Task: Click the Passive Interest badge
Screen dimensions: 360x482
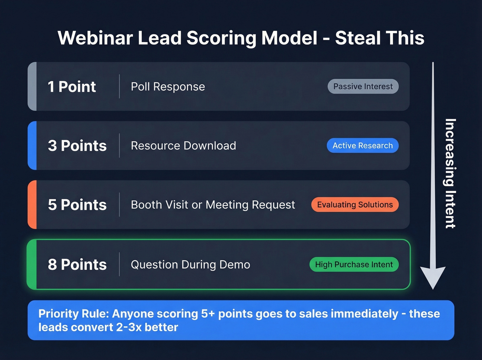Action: pyautogui.click(x=363, y=86)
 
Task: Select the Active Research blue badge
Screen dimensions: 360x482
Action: pyautogui.click(x=363, y=146)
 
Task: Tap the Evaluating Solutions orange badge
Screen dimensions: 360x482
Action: pyautogui.click(x=355, y=205)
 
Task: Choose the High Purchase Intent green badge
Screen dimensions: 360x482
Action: pyautogui.click(x=354, y=265)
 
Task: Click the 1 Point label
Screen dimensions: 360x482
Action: pyautogui.click(x=72, y=87)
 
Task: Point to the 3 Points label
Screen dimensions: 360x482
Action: pyautogui.click(x=77, y=146)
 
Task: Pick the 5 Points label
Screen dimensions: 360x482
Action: pyautogui.click(x=77, y=205)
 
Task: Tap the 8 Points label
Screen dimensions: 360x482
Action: pyautogui.click(x=77, y=265)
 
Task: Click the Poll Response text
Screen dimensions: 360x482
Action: pyautogui.click(x=168, y=87)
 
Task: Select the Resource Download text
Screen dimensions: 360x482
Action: pyautogui.click(x=183, y=146)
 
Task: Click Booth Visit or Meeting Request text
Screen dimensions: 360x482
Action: pyautogui.click(x=213, y=205)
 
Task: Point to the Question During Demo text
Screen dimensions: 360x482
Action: pyautogui.click(x=190, y=265)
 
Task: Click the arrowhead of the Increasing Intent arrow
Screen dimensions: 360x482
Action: pyautogui.click(x=433, y=277)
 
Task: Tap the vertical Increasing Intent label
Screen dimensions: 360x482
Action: pyautogui.click(x=450, y=173)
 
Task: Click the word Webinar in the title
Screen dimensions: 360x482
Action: pyautogui.click(x=95, y=38)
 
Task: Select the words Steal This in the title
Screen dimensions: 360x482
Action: pyautogui.click(x=379, y=38)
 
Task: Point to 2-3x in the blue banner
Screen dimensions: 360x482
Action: pyautogui.click(x=129, y=327)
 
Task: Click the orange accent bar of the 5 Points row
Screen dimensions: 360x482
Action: pyautogui.click(x=32, y=205)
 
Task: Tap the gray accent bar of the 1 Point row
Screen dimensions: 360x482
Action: pyautogui.click(x=32, y=86)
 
